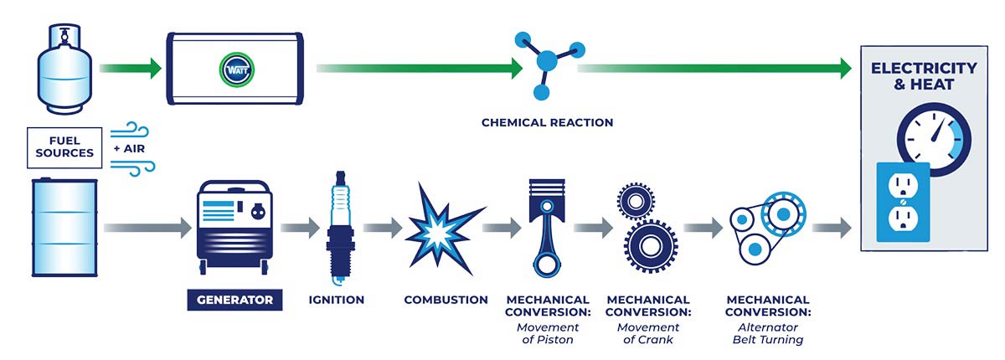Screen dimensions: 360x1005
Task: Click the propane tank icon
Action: click(63, 71)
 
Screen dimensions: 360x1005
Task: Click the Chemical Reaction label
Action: click(547, 122)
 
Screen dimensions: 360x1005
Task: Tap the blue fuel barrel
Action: click(63, 227)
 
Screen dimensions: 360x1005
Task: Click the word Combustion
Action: click(446, 299)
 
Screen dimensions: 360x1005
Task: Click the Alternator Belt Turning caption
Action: click(767, 333)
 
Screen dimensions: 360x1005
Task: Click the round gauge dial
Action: click(933, 138)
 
